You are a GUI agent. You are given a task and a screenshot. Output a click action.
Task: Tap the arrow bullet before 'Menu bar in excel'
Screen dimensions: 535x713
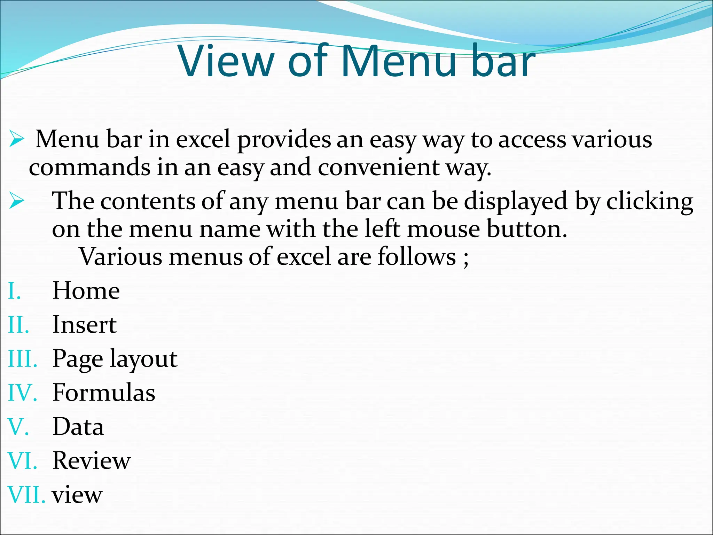click(x=16, y=139)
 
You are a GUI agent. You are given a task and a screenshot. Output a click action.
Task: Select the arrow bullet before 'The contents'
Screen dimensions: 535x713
click(x=16, y=201)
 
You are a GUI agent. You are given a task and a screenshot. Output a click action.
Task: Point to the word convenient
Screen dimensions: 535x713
click(x=379, y=167)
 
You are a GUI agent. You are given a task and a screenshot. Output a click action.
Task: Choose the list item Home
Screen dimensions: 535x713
click(x=86, y=290)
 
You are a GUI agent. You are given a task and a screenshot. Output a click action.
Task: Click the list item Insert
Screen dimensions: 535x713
click(x=84, y=325)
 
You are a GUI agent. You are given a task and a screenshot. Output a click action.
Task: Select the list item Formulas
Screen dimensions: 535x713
click(x=104, y=393)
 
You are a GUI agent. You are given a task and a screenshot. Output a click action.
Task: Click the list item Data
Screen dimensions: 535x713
click(x=78, y=427)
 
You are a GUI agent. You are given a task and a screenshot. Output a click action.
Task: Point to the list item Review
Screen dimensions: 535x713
click(x=91, y=460)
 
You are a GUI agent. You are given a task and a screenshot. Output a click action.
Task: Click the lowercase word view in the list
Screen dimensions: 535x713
click(x=77, y=495)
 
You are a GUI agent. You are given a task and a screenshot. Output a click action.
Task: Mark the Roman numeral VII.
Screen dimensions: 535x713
click(x=26, y=495)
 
